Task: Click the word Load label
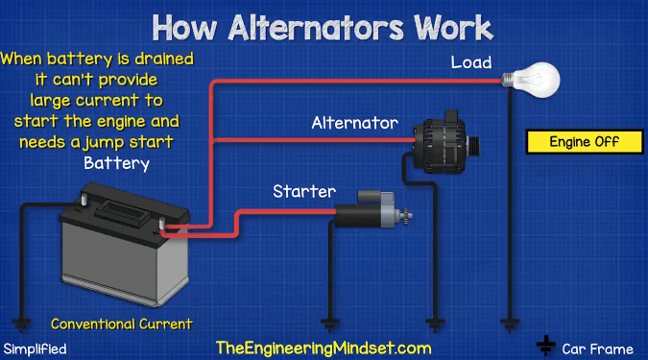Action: pos(472,63)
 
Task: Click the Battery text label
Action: pos(117,163)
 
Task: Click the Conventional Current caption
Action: pos(122,324)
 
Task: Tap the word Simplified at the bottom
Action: pos(36,348)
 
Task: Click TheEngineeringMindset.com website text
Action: pos(324,348)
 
